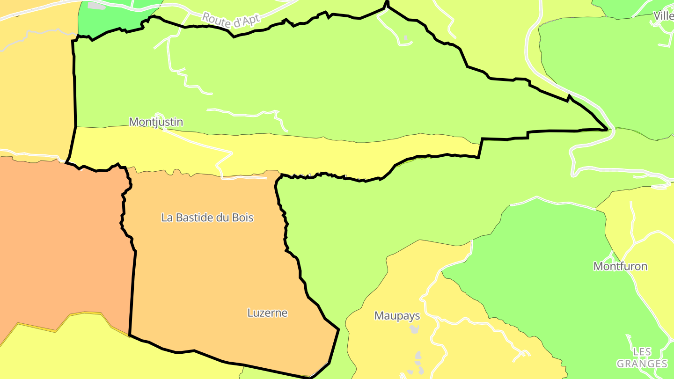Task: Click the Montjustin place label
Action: (156, 122)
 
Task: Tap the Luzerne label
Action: (267, 313)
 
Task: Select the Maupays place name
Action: (397, 316)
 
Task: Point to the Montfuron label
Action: (620, 266)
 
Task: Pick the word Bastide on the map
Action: (191, 218)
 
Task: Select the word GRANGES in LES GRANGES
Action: (642, 364)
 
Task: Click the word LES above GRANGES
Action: (642, 351)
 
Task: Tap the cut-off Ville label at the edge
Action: (664, 16)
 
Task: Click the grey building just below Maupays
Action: (414, 329)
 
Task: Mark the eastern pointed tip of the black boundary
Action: (607, 129)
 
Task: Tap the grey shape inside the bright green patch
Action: (96, 6)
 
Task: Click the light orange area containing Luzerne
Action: (211, 271)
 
